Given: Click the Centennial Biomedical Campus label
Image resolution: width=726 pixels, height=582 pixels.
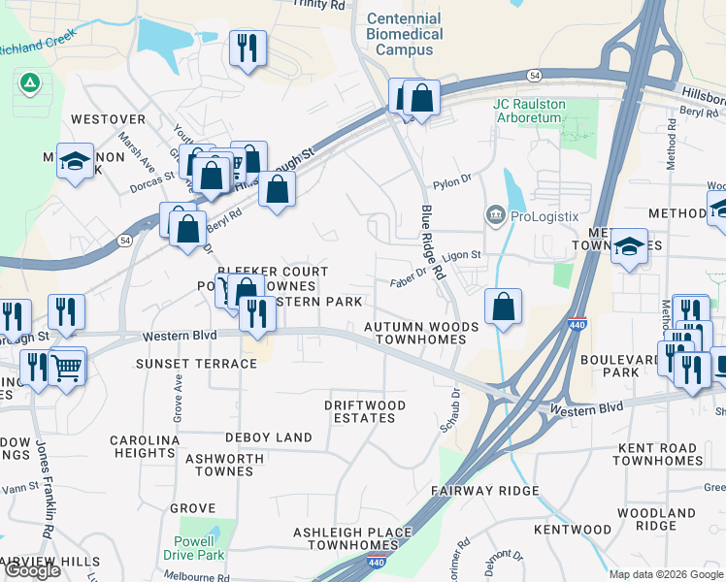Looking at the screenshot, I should (405, 34).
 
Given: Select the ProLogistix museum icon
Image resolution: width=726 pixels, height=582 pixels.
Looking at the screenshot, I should (495, 214).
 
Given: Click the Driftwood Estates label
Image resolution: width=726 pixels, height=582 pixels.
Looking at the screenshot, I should (365, 411).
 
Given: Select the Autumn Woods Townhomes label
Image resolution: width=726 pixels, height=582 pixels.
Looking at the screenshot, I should (421, 334).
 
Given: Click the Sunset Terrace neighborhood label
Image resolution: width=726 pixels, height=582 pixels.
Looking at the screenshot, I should (197, 364).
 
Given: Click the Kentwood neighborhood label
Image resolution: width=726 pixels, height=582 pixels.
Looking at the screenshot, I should (573, 530).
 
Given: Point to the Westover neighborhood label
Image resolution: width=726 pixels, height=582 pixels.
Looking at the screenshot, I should (108, 119).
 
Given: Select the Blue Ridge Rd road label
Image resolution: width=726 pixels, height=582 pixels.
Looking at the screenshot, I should (431, 242).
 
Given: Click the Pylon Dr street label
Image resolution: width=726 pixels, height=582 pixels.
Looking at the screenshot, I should (451, 180).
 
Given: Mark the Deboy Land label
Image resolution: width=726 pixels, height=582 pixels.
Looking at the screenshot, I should (269, 437).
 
